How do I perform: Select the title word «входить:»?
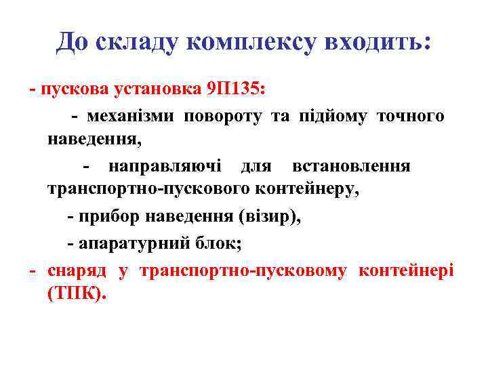pos(378,43)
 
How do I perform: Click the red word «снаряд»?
pos(76,272)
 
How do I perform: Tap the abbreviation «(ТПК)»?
pos(77,296)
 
